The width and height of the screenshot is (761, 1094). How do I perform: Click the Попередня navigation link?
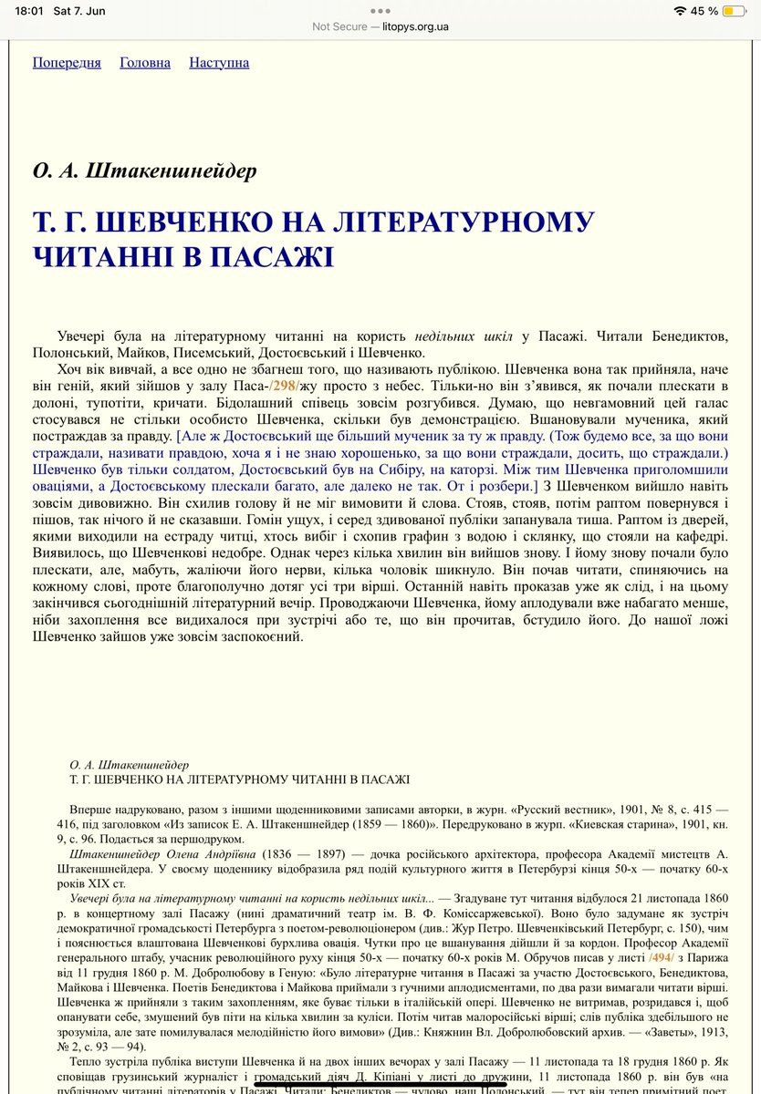(67, 63)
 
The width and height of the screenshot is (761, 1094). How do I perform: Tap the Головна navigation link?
(145, 63)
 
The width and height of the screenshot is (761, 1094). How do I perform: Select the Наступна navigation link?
(219, 63)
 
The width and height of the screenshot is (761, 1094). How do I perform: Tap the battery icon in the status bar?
(733, 11)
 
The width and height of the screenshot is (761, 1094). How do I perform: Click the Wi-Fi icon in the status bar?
(679, 11)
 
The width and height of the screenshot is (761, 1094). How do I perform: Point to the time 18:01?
(30, 11)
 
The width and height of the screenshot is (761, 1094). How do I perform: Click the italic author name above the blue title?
(145, 170)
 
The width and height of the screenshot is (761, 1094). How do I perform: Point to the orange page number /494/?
(662, 958)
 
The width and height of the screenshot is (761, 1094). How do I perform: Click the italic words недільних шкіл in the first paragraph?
(464, 336)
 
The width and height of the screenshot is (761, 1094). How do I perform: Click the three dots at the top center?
(380, 10)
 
